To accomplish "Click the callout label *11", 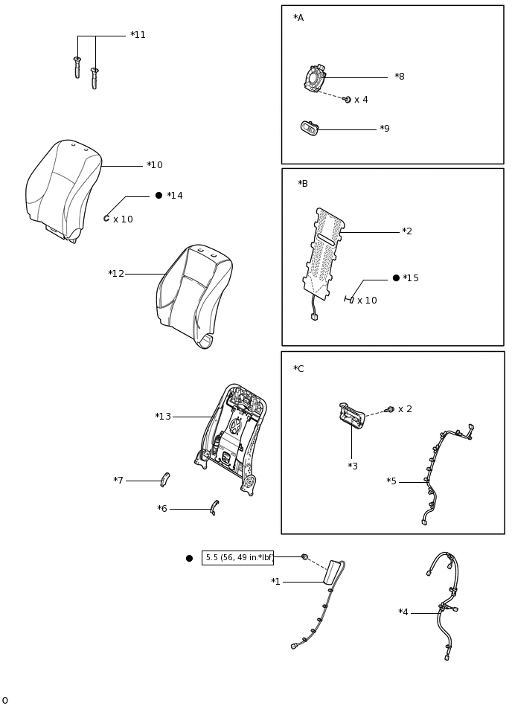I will tap(138, 35).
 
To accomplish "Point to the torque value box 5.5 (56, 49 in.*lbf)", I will tap(237, 558).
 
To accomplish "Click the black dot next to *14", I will tap(159, 196).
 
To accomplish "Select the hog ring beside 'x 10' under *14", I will tap(106, 218).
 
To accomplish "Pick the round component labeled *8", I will tap(315, 78).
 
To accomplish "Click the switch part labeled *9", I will tap(310, 128).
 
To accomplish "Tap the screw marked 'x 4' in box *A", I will tap(347, 99).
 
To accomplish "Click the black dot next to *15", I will tap(396, 277).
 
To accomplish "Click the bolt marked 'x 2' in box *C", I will tap(390, 409).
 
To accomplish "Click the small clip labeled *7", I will tap(164, 479).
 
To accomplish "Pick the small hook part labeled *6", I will tap(214, 507).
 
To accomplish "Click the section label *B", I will tap(302, 184).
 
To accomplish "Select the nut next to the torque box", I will tap(304, 556).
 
